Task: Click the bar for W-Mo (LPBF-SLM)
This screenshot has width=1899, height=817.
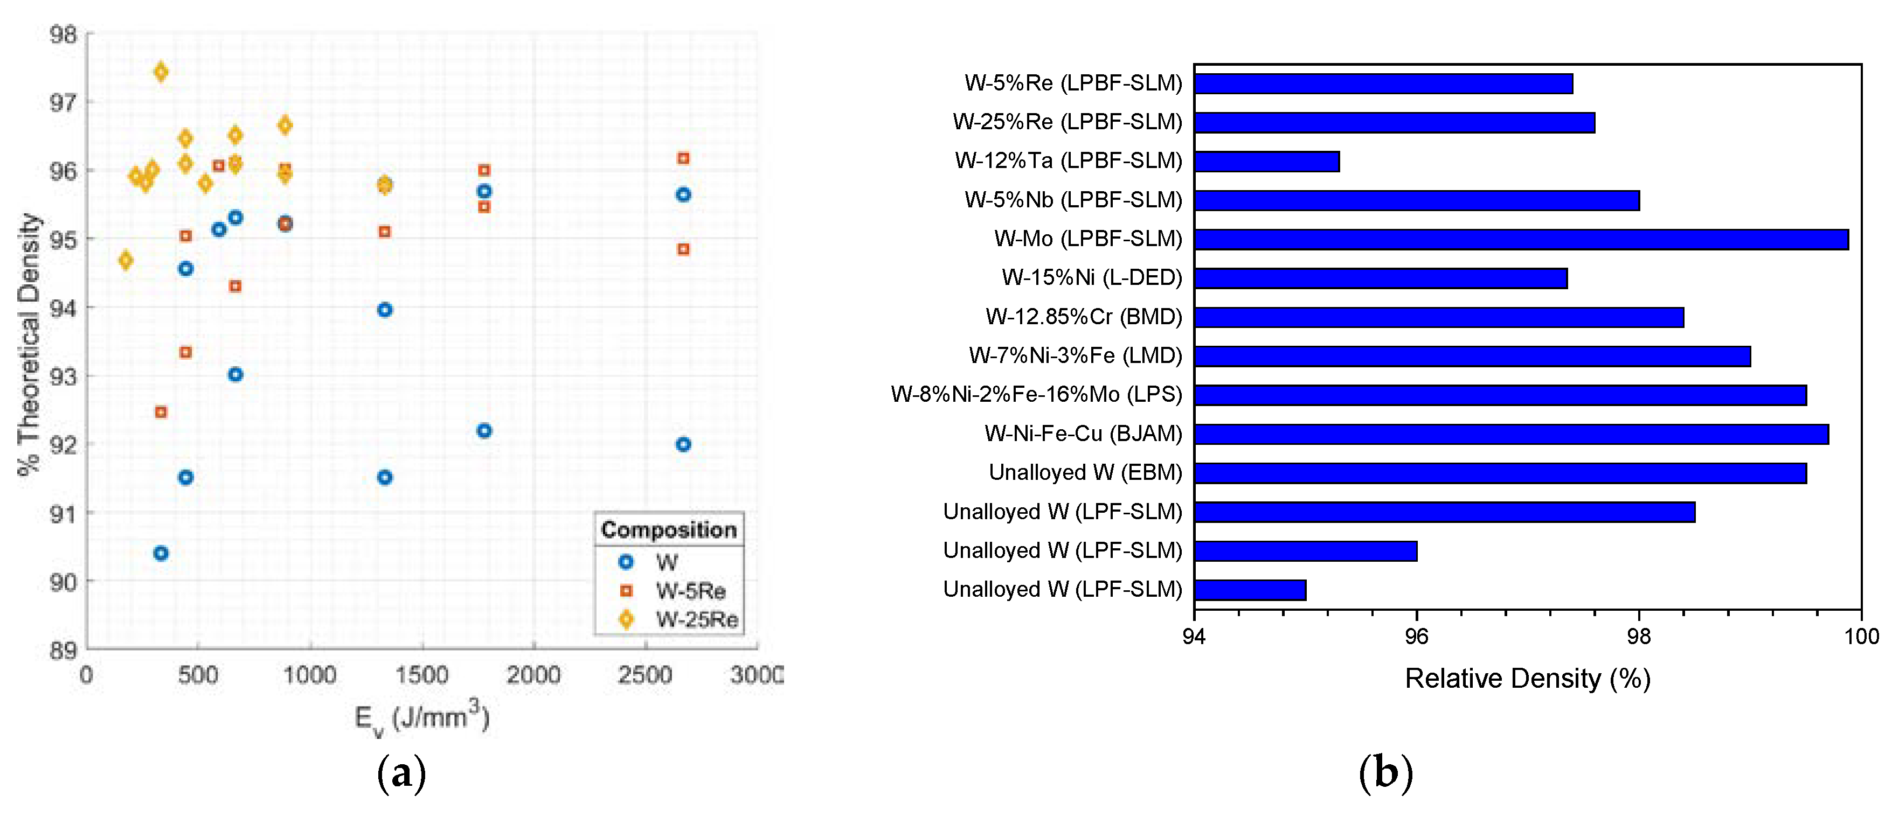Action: [x=1520, y=240]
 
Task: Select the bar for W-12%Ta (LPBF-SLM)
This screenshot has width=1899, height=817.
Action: [x=1266, y=162]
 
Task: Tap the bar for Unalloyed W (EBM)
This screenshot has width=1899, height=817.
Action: [x=1500, y=473]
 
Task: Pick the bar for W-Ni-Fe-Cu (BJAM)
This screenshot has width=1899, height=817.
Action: [x=1510, y=434]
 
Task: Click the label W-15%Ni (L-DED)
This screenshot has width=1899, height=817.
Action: [x=1091, y=278]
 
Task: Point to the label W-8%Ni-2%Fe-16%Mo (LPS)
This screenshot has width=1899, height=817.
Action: [x=1036, y=395]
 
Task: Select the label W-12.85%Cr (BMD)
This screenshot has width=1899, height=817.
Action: [x=1083, y=317]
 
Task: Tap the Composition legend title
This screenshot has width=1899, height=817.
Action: [x=669, y=530]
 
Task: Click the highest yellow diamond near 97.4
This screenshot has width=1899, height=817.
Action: [x=161, y=72]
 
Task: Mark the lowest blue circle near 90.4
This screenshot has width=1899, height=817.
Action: [x=161, y=553]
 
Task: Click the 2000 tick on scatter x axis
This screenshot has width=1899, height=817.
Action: [x=533, y=675]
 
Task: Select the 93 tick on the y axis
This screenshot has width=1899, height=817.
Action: [x=63, y=376]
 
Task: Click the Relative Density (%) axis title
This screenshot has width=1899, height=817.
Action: [x=1527, y=679]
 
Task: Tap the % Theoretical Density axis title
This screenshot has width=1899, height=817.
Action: [x=30, y=344]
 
